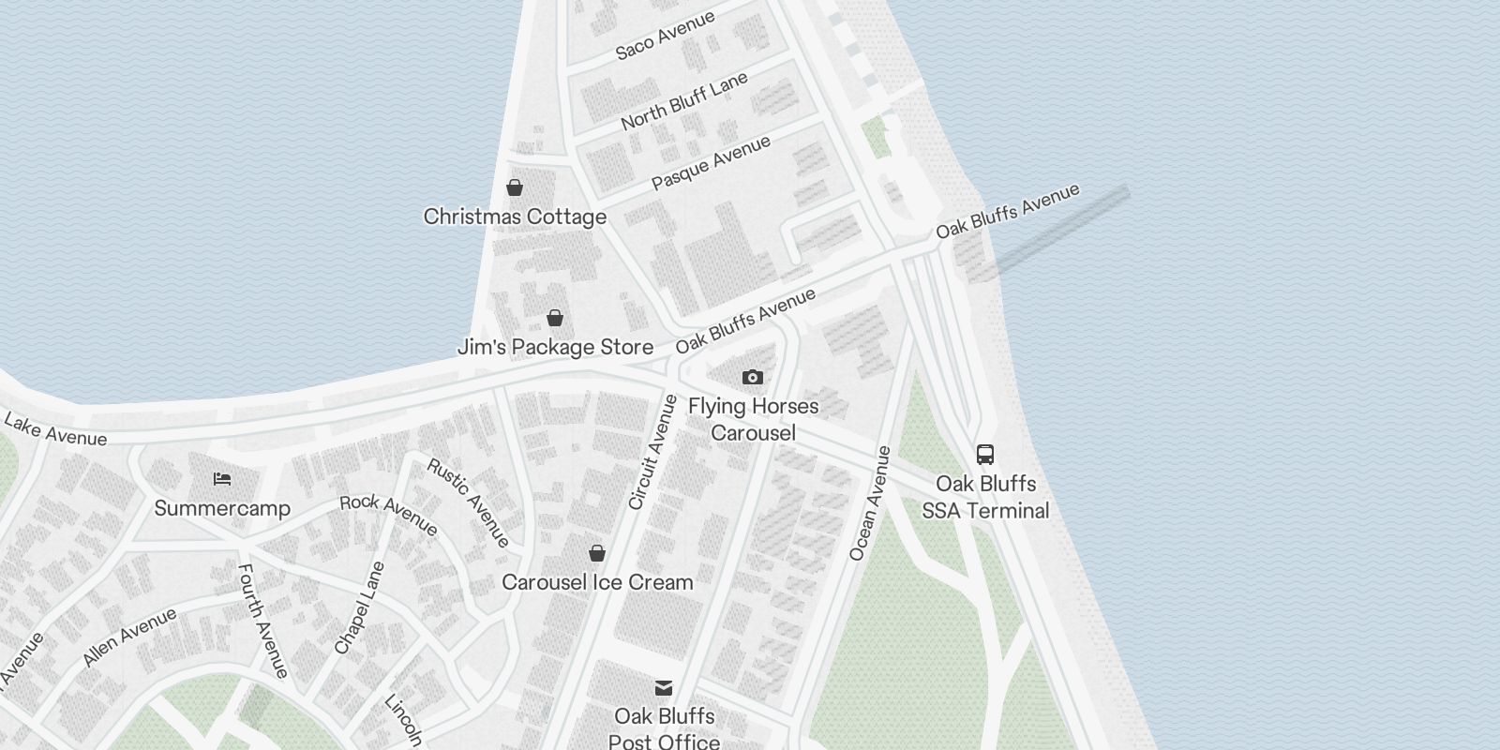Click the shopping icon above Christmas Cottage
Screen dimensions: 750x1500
[515, 187]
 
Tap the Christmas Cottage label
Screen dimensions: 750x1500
[515, 217]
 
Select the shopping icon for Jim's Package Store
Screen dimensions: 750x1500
[555, 318]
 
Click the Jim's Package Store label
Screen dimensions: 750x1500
[555, 347]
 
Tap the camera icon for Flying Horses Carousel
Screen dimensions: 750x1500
[753, 377]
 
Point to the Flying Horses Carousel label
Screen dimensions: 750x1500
[753, 419]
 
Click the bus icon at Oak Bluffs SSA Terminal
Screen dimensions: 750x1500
[985, 455]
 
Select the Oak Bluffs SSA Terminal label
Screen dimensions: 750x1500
[985, 497]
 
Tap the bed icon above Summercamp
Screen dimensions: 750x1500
[222, 479]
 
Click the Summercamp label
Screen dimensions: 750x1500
[222, 508]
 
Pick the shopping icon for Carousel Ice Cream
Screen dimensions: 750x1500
[597, 553]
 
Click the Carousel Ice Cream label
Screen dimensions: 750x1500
[597, 582]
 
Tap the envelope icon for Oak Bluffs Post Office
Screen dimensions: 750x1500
[664, 688]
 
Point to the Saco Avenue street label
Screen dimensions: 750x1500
[665, 35]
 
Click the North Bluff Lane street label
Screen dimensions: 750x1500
[684, 100]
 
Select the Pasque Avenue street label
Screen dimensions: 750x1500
[711, 162]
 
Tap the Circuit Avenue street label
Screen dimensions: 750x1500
[652, 452]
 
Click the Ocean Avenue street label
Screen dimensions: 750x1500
[869, 503]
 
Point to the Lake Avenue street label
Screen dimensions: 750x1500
[54, 429]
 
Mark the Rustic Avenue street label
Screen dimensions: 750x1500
[469, 502]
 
